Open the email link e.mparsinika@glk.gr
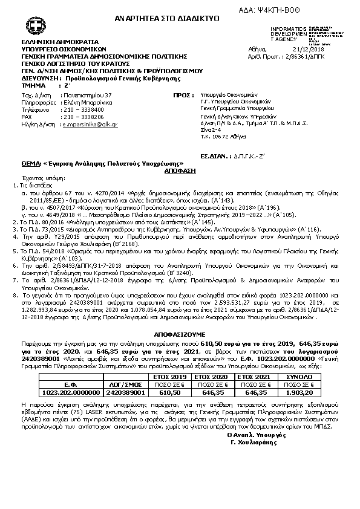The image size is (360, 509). click(90, 123)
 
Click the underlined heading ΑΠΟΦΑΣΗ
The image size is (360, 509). click(180, 172)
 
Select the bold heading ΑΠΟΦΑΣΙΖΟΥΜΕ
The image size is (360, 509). click(180, 334)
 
